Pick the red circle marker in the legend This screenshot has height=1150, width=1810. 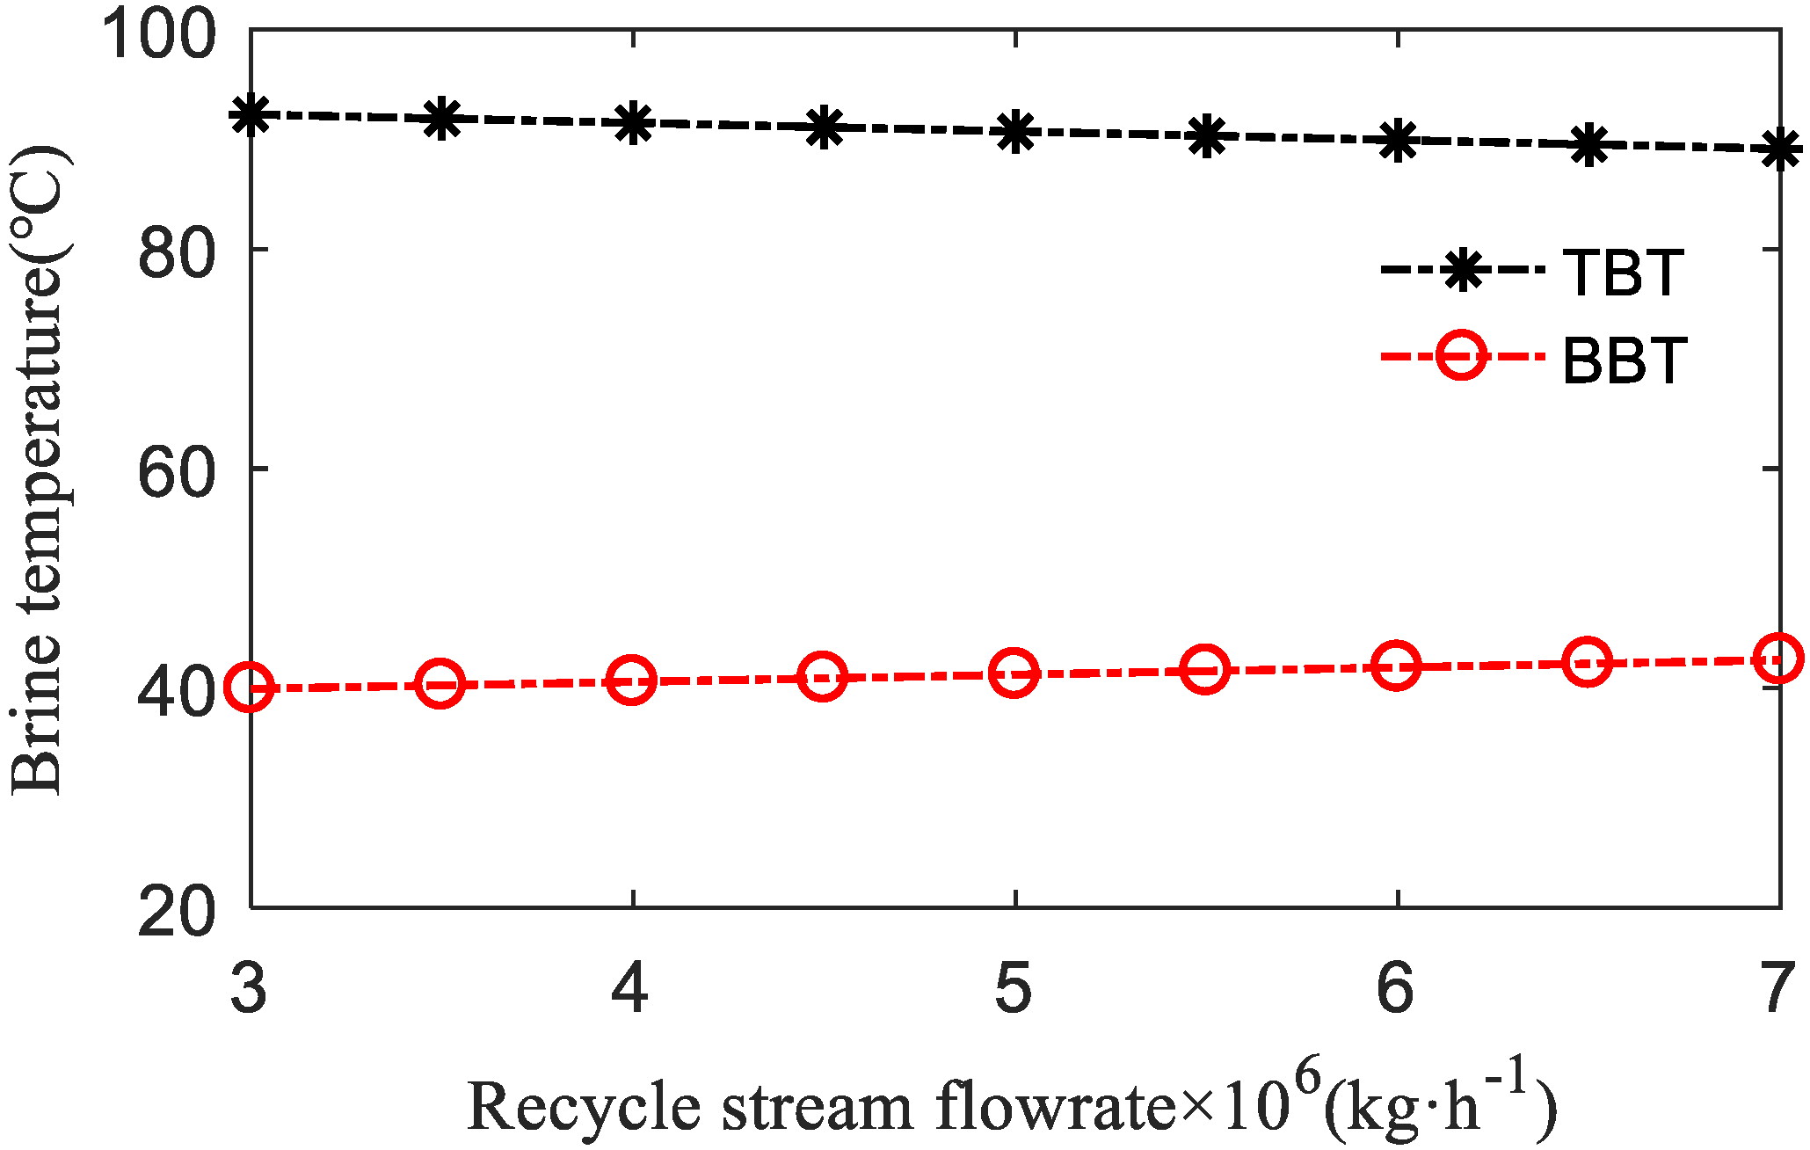(1461, 356)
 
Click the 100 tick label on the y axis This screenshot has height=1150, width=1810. (158, 35)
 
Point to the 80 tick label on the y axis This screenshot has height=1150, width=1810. (176, 254)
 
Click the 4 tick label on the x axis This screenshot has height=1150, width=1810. (630, 987)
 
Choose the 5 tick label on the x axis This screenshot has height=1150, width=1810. (1014, 987)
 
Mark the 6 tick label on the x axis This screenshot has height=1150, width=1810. (1395, 987)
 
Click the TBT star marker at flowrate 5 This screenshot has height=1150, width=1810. (1015, 132)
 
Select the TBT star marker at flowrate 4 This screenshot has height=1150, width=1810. (633, 123)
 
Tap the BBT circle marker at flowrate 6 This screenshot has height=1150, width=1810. (1396, 666)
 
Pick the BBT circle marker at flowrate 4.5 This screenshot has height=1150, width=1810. (823, 677)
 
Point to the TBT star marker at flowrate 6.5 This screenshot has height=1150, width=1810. (1588, 145)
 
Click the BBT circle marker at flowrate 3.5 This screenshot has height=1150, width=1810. (440, 683)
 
